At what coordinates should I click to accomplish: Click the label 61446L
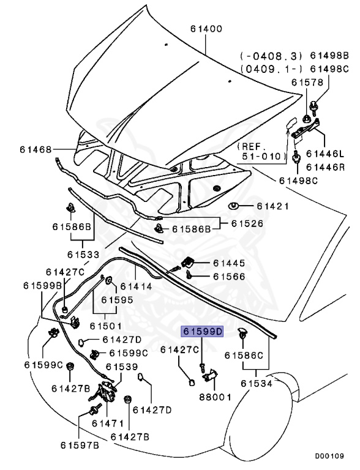tap(326, 154)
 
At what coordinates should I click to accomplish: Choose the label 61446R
tap(326, 166)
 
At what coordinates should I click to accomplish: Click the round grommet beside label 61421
tap(233, 206)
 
